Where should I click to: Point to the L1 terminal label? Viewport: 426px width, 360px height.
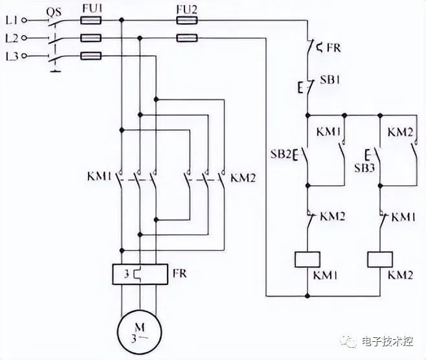[12, 20]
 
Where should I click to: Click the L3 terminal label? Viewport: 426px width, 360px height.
[12, 56]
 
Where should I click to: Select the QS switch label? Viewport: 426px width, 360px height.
[54, 12]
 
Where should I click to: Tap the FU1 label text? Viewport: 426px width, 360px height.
[92, 8]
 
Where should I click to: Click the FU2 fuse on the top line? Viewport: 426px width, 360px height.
[187, 20]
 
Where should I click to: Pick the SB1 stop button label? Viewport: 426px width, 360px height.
[330, 80]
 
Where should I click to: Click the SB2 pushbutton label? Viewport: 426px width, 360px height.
[281, 154]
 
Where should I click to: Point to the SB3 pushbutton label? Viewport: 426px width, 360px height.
[364, 168]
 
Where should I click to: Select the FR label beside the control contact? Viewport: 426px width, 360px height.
[333, 48]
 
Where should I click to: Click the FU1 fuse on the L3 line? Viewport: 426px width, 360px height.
[91, 56]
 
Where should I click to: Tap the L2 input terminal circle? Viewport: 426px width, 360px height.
[24, 38]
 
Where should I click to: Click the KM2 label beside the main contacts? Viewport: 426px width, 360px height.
[243, 178]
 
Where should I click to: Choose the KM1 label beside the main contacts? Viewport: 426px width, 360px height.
[99, 177]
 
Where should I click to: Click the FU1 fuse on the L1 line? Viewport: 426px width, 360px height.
[91, 20]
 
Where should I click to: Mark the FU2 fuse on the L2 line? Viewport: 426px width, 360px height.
[187, 38]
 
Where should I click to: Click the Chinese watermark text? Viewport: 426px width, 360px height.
[387, 341]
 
